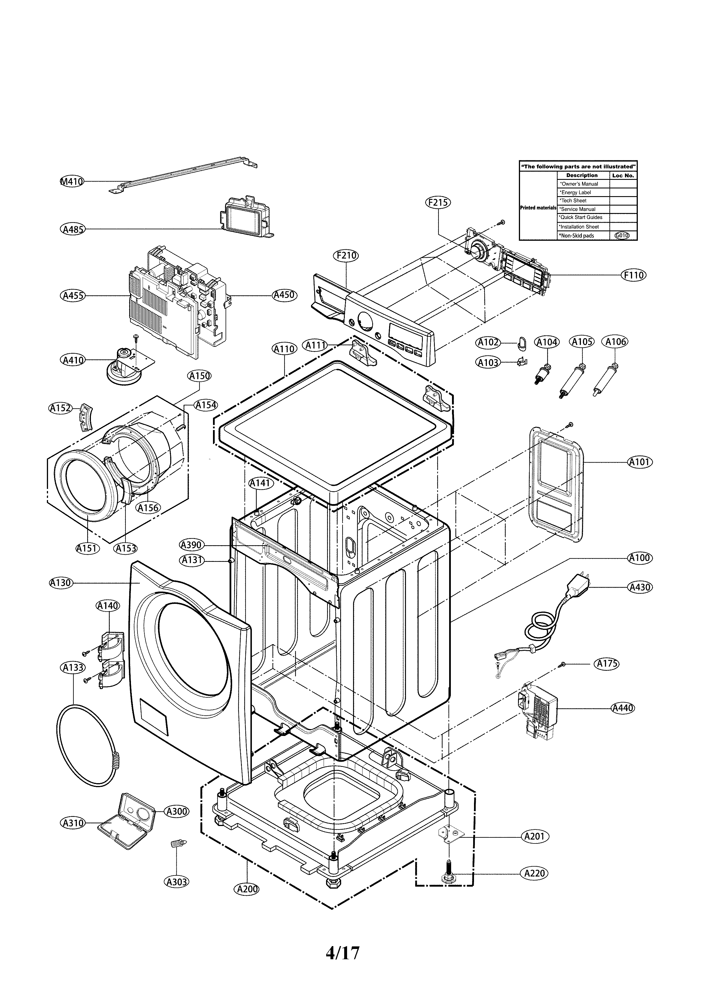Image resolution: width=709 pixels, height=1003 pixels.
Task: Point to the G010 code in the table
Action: [x=622, y=236]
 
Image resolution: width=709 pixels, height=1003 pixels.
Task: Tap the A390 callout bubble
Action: [x=191, y=545]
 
